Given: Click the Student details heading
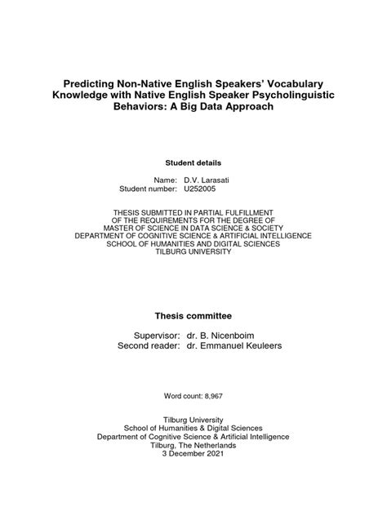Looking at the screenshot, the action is (x=193, y=162).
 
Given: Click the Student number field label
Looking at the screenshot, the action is (x=148, y=189).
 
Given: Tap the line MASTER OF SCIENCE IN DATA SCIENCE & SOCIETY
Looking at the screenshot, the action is (x=193, y=220).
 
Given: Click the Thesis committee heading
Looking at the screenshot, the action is (x=193, y=314).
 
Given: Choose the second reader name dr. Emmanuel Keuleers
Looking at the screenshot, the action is (x=237, y=347).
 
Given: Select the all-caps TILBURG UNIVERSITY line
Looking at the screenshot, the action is (x=193, y=251).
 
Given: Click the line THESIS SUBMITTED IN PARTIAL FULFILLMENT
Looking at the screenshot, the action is (x=193, y=211).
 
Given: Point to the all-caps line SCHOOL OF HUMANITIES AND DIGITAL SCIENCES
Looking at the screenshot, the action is (x=193, y=243).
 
